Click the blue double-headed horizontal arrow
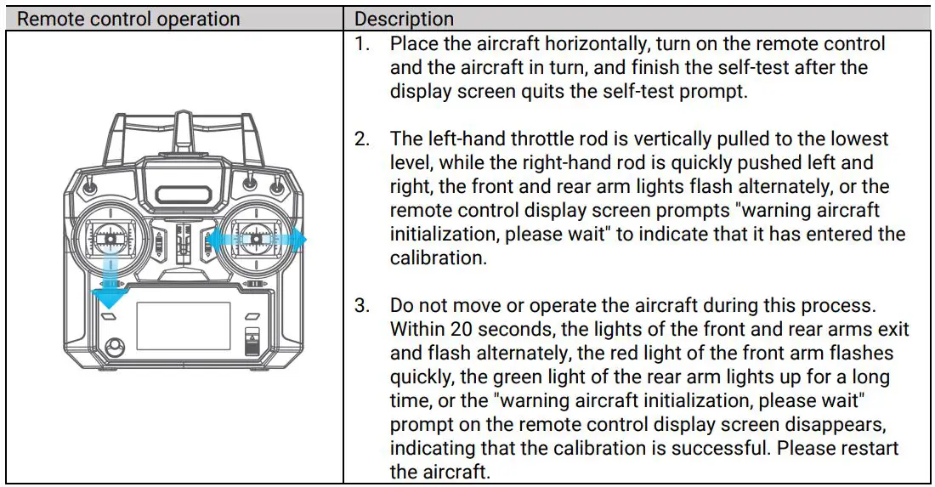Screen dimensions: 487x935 tap(255, 241)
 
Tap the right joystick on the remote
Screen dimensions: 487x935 tap(255, 241)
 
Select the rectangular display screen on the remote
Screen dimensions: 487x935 tap(183, 326)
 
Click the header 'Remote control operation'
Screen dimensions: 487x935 tap(129, 19)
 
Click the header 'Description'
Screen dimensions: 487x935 tap(404, 19)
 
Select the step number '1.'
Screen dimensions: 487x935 tap(363, 43)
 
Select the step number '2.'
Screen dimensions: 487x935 tap(363, 139)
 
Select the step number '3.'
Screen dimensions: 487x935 tap(363, 305)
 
